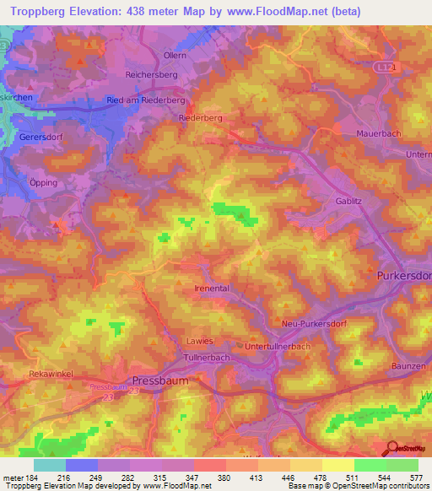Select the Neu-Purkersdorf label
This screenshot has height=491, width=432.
coord(315,323)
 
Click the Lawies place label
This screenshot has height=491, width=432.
coord(200,340)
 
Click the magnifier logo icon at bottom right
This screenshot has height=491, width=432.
coord(391,447)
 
